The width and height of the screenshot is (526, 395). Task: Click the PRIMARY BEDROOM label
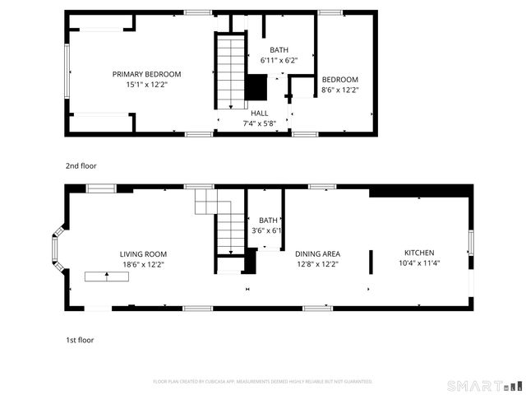146,74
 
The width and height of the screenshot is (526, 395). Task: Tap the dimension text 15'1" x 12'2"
146,85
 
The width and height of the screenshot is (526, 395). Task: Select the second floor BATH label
279,50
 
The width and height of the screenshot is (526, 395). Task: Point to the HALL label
259,113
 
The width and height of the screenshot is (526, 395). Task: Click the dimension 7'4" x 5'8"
259,123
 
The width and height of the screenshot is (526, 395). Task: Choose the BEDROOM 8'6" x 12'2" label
339,79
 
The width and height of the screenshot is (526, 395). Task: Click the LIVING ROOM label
143,254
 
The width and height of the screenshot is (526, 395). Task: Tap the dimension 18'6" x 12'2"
143,265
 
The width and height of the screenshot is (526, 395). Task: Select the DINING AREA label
317,254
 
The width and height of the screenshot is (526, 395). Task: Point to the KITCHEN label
419,253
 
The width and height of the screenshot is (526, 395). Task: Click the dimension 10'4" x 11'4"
419,263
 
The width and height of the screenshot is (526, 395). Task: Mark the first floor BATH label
268,220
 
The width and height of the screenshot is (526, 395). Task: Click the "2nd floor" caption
81,165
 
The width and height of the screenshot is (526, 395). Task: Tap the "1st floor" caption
80,339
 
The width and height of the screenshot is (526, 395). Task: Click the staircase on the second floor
231,71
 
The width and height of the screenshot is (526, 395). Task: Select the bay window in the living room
57,247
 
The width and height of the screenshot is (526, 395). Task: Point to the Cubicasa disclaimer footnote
263,382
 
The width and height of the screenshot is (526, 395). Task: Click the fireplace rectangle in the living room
105,276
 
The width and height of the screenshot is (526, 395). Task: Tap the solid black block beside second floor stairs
256,86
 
